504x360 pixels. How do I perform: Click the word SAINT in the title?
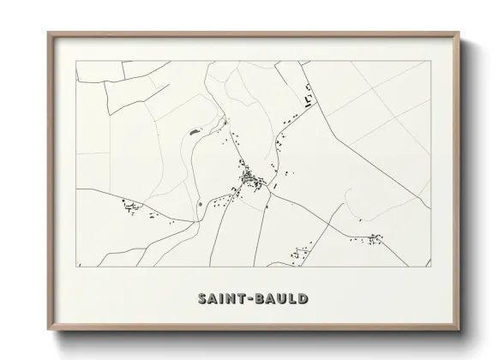(219, 299)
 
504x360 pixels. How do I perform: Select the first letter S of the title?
(202, 299)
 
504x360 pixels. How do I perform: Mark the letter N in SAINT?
(227, 299)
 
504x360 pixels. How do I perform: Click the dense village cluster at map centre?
(251, 180)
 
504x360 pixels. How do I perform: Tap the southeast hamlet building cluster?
(375, 238)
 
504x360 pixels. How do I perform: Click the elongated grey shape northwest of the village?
(194, 131)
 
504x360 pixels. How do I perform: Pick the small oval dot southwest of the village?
(200, 204)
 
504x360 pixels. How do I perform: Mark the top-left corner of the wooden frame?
(49, 33)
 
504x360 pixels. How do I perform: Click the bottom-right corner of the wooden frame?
(459, 330)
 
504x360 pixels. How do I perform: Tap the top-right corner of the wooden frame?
(459, 33)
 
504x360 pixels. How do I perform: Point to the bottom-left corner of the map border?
(76, 266)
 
